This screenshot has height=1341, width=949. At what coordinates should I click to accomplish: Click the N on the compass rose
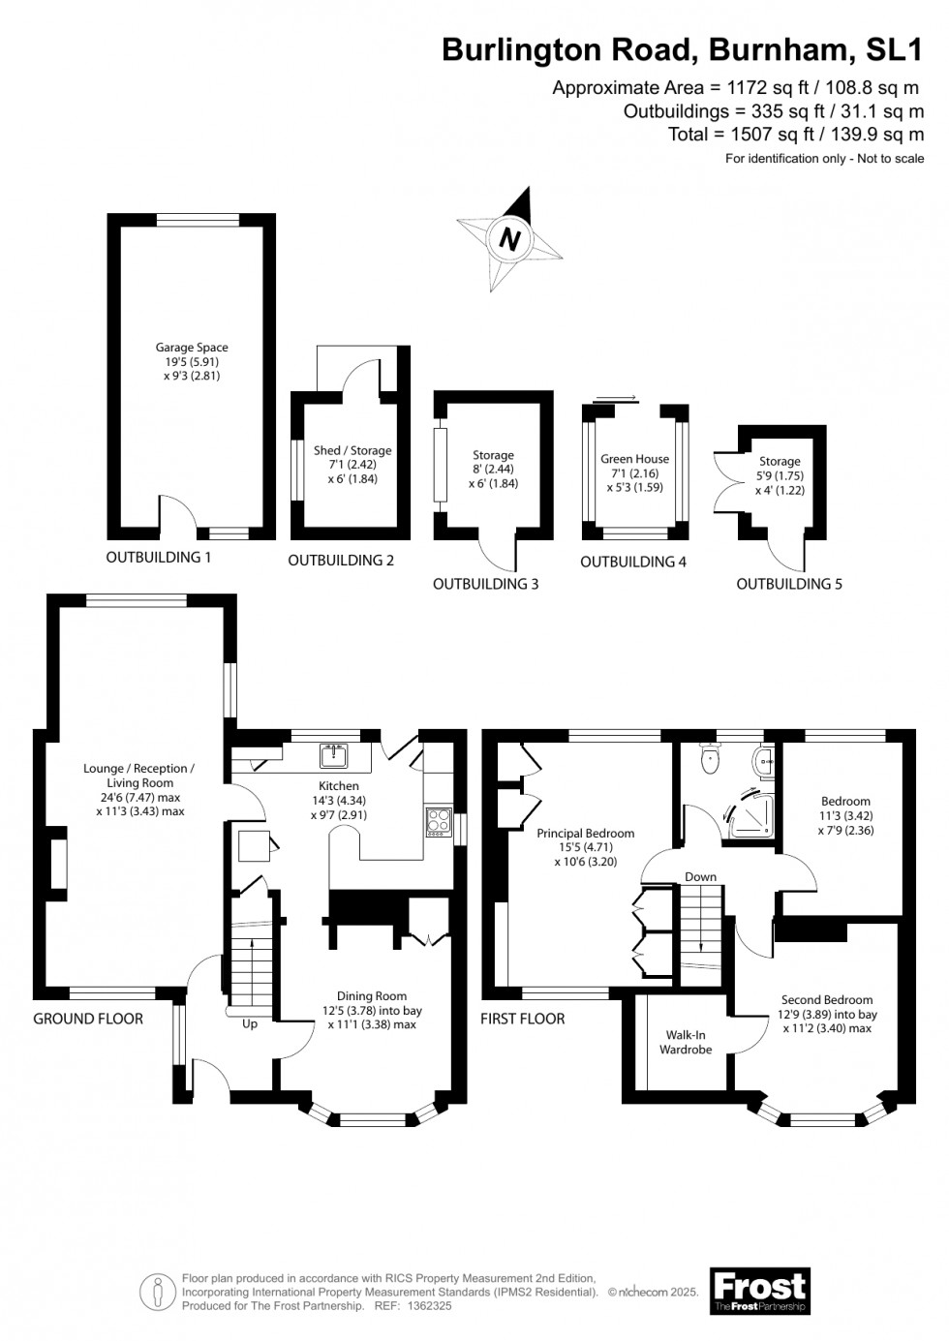click(x=510, y=239)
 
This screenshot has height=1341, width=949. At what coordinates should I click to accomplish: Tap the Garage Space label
click(x=192, y=348)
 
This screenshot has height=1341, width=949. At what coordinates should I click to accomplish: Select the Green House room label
click(x=634, y=459)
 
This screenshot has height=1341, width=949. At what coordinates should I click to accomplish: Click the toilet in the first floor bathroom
click(x=709, y=759)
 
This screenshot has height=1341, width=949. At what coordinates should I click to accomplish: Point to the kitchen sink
click(x=334, y=757)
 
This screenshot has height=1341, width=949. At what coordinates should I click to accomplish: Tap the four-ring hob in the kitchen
click(x=438, y=822)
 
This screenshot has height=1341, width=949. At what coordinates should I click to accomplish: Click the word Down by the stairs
click(x=700, y=876)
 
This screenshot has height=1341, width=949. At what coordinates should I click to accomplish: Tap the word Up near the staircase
click(x=250, y=1024)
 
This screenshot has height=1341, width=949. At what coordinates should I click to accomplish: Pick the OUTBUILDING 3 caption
click(x=485, y=584)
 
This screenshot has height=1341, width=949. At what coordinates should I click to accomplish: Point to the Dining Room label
click(x=372, y=996)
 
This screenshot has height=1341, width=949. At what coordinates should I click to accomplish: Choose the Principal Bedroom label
click(x=586, y=834)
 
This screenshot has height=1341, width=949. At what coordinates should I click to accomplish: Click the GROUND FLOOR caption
click(x=88, y=1019)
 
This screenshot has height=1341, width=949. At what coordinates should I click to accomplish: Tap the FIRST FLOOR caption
click(x=523, y=1019)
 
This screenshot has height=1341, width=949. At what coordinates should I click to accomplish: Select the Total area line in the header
click(x=796, y=134)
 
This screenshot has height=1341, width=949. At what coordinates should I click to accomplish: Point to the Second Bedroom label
click(x=827, y=1000)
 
